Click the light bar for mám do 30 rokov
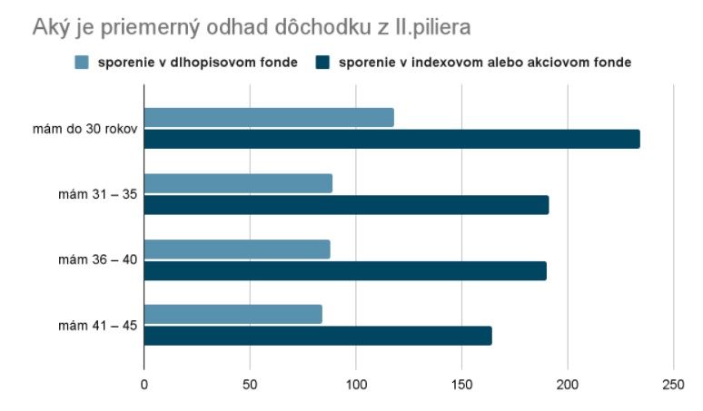pos(269,117)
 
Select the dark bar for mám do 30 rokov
pos(391,139)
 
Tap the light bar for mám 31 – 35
pos(238,183)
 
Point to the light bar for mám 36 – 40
pos(237,250)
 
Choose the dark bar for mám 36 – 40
pos(345,270)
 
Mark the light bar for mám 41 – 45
pos(233,314)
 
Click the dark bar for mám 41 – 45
pos(318,336)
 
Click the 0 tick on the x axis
pos(144,384)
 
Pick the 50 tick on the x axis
pos(250,384)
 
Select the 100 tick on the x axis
pos(356,384)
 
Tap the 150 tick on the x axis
pos(461,384)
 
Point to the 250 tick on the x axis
pos(673,384)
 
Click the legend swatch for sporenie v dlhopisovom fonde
pos(82,63)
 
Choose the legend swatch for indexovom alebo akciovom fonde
pos(322,63)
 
